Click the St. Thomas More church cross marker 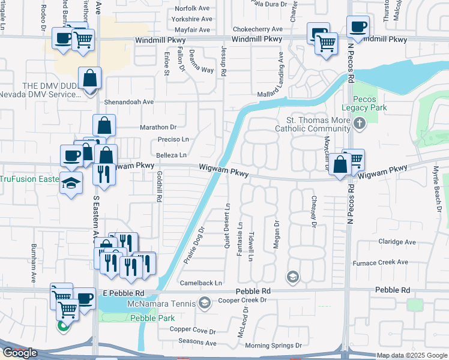(359, 124)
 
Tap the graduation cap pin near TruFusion (71, 183)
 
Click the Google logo (20, 353)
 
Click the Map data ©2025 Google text (411, 355)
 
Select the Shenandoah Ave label (128, 102)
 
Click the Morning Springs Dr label (273, 346)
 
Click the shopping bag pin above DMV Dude (89, 79)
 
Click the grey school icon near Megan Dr (292, 277)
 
